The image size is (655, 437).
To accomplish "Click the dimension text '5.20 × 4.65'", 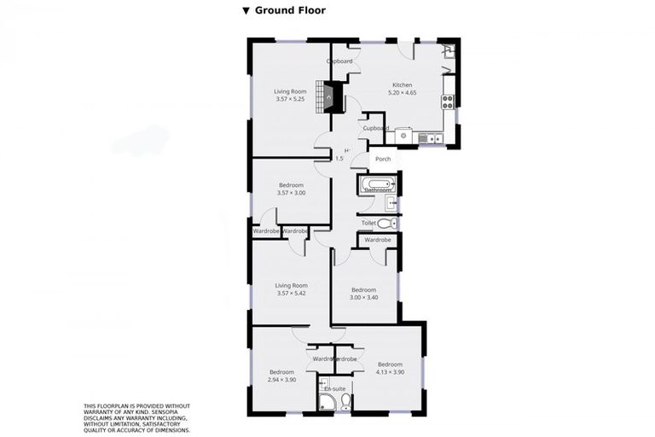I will (403, 93).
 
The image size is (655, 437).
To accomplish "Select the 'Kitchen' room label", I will (403, 85).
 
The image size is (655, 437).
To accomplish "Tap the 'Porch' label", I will (383, 159).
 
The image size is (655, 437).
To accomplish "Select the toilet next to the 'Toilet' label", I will (386, 223).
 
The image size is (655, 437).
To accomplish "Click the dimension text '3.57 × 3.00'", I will (291, 193).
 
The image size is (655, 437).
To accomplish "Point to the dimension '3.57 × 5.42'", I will (291, 294).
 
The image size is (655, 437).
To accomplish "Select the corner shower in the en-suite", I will (325, 401).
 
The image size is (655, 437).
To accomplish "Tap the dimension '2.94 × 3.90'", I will (281, 380).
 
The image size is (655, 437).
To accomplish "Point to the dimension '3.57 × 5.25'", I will (290, 99).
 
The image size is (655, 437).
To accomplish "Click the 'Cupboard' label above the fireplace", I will (340, 62).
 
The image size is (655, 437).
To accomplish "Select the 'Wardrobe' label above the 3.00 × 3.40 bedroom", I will (377, 240).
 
